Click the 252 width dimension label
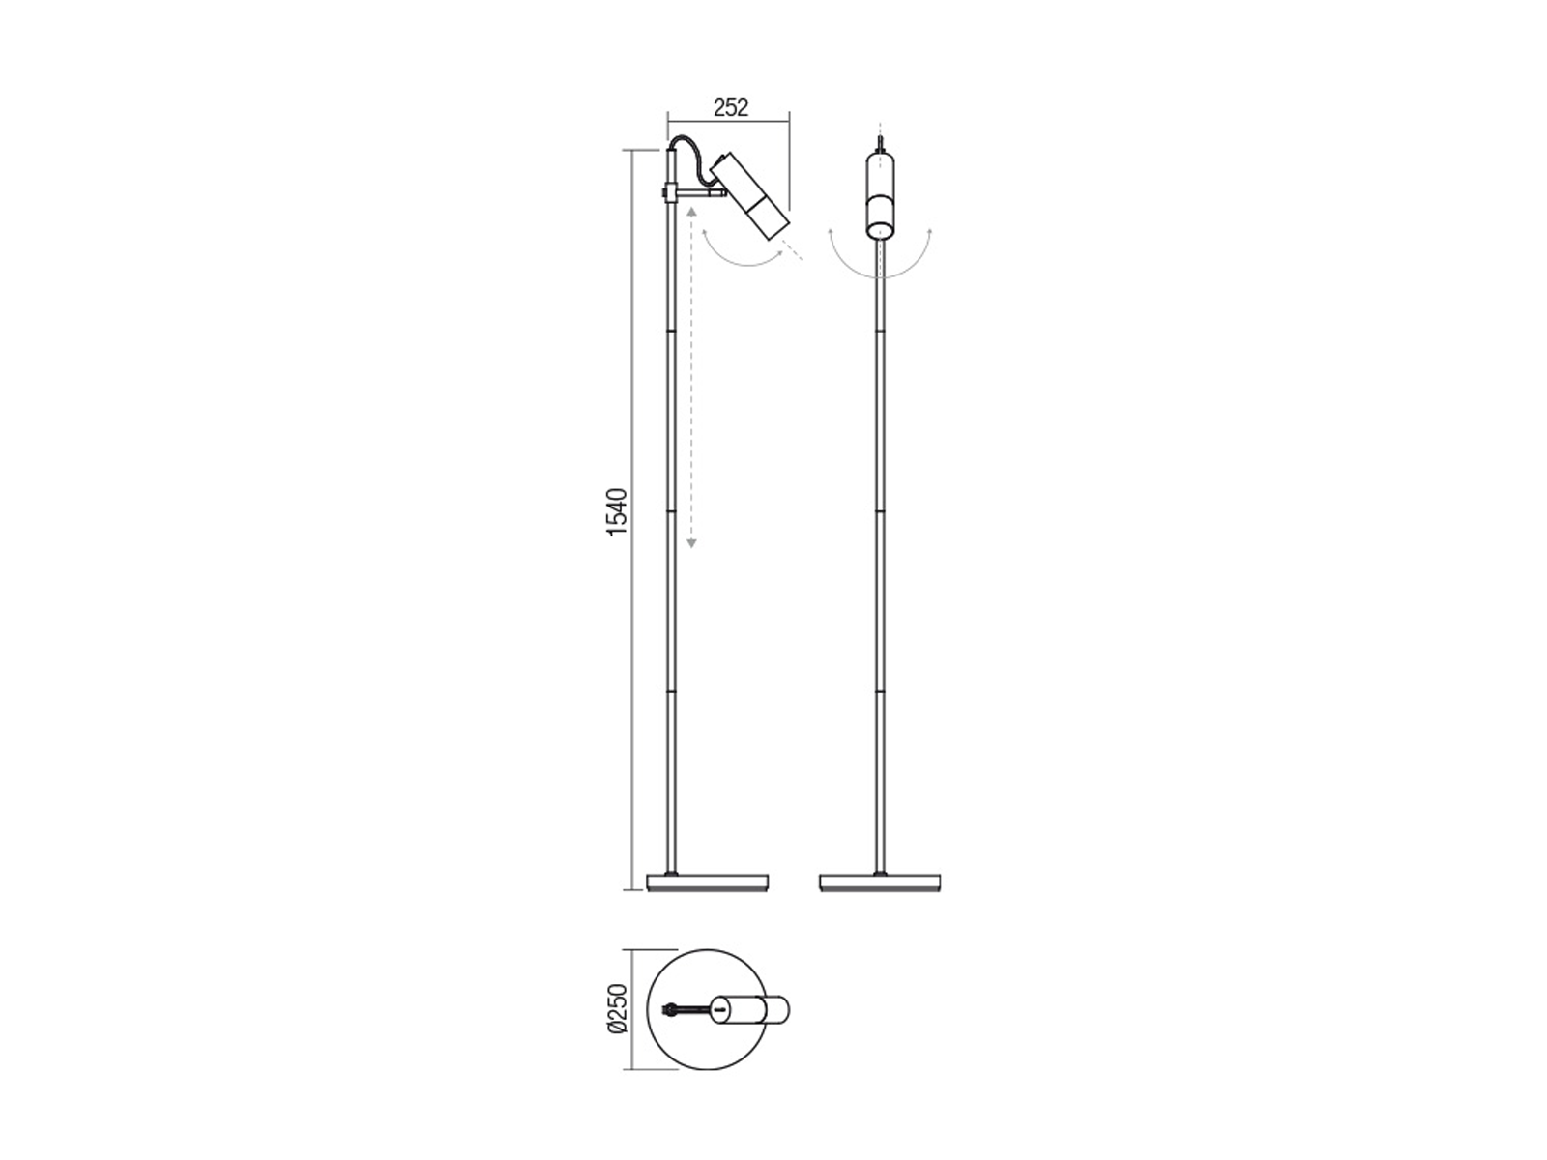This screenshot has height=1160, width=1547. [730, 107]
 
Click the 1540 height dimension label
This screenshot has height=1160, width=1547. [617, 512]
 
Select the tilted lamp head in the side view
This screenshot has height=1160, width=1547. [750, 196]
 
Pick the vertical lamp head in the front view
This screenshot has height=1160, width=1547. [880, 194]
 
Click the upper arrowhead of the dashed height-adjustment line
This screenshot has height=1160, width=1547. [691, 211]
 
